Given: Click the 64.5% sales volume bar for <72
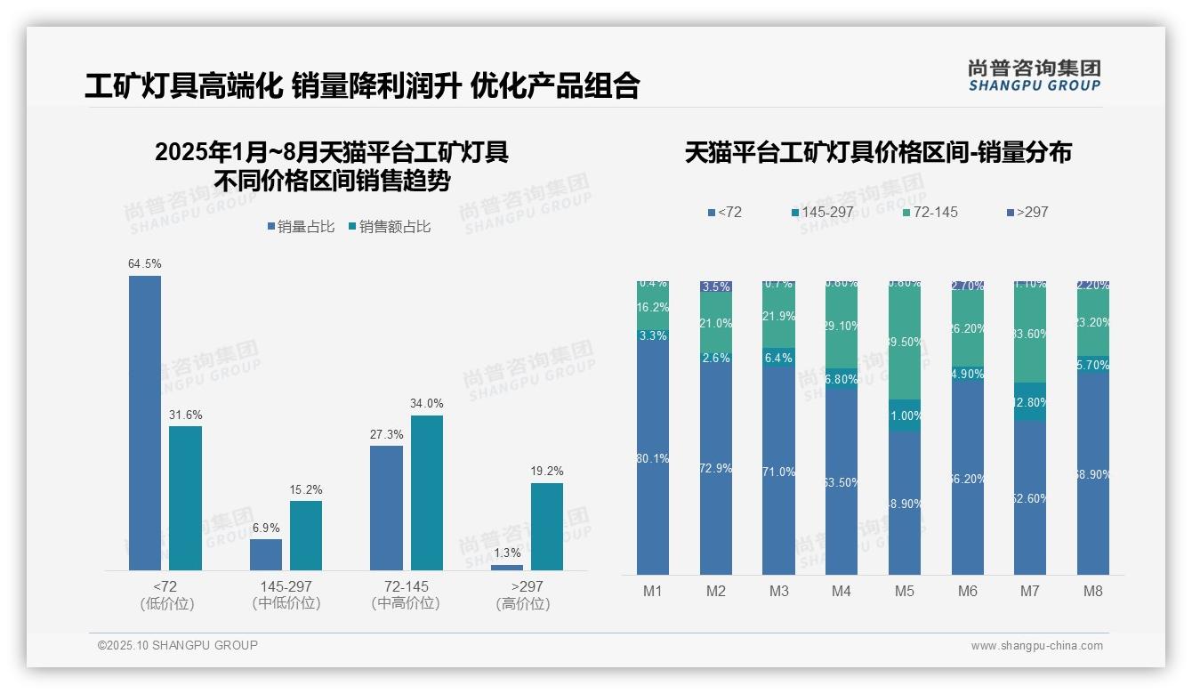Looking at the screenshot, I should (x=145, y=423).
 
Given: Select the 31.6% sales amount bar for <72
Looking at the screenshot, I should (x=185, y=498).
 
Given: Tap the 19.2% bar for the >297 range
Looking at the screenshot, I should (x=547, y=527).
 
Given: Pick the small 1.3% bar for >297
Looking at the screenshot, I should (x=507, y=568).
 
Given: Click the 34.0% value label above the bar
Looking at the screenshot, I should (x=427, y=404).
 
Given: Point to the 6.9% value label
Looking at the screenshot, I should (x=266, y=528).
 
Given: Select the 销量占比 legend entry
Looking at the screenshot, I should (x=301, y=227).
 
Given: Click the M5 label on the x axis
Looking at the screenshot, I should (x=905, y=592).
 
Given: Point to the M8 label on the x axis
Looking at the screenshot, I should (x=1093, y=592).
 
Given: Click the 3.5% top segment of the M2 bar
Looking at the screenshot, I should (x=716, y=286).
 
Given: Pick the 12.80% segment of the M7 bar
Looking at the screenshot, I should (x=1030, y=402).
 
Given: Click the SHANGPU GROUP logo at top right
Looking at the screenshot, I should (x=1034, y=76).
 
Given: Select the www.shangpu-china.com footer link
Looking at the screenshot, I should (x=1036, y=646).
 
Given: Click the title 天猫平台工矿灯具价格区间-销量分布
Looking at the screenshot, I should (x=878, y=153).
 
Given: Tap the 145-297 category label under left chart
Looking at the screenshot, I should (x=286, y=595).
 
